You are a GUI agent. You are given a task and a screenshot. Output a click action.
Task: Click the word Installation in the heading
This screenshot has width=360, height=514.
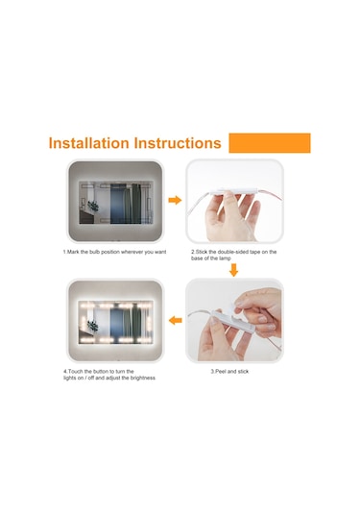(88, 143)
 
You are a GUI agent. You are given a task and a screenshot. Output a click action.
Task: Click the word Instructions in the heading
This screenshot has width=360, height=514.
(178, 143)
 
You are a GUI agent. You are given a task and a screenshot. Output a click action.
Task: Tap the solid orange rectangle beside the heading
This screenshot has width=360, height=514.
(270, 143)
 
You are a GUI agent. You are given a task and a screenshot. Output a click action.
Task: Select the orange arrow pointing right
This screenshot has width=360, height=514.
(175, 200)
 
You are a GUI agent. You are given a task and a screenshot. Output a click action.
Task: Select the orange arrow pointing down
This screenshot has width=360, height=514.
(233, 270)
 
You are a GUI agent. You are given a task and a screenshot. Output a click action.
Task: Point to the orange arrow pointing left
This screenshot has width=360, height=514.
(176, 320)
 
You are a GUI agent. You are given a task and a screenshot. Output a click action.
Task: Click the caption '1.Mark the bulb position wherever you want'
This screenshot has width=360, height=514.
(114, 252)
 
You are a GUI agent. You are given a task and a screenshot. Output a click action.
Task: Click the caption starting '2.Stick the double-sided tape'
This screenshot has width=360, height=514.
(234, 255)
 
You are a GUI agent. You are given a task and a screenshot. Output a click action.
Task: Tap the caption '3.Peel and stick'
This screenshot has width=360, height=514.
(229, 372)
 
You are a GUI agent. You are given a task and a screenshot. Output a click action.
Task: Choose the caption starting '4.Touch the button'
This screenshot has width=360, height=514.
(109, 375)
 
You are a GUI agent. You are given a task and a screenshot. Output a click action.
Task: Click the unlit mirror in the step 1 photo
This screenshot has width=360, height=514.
(115, 202)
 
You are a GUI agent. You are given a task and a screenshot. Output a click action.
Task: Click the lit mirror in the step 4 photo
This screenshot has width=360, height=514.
(115, 322)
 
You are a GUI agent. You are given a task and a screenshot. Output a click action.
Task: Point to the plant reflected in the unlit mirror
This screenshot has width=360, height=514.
(93, 206)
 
